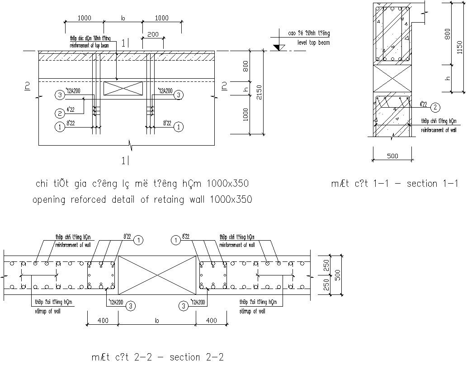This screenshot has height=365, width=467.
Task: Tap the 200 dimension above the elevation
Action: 152,34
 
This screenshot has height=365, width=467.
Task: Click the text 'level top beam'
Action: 313,43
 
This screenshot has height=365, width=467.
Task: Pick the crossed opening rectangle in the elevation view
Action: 123,88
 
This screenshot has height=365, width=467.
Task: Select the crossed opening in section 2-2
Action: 157,275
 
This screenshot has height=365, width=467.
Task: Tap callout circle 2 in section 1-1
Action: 435,107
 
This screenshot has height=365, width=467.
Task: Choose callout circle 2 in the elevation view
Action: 60,113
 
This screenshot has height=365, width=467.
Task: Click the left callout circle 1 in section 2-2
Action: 139,240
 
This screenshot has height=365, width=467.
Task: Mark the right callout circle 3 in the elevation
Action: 179,95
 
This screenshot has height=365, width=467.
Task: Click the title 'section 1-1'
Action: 395,184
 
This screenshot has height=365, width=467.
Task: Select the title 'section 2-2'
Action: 158,357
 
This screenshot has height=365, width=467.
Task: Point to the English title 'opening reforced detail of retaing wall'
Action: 142,199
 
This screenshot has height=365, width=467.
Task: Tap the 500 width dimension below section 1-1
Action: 392,156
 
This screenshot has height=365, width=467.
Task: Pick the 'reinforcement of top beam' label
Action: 90,46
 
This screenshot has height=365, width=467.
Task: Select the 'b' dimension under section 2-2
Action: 157,320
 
